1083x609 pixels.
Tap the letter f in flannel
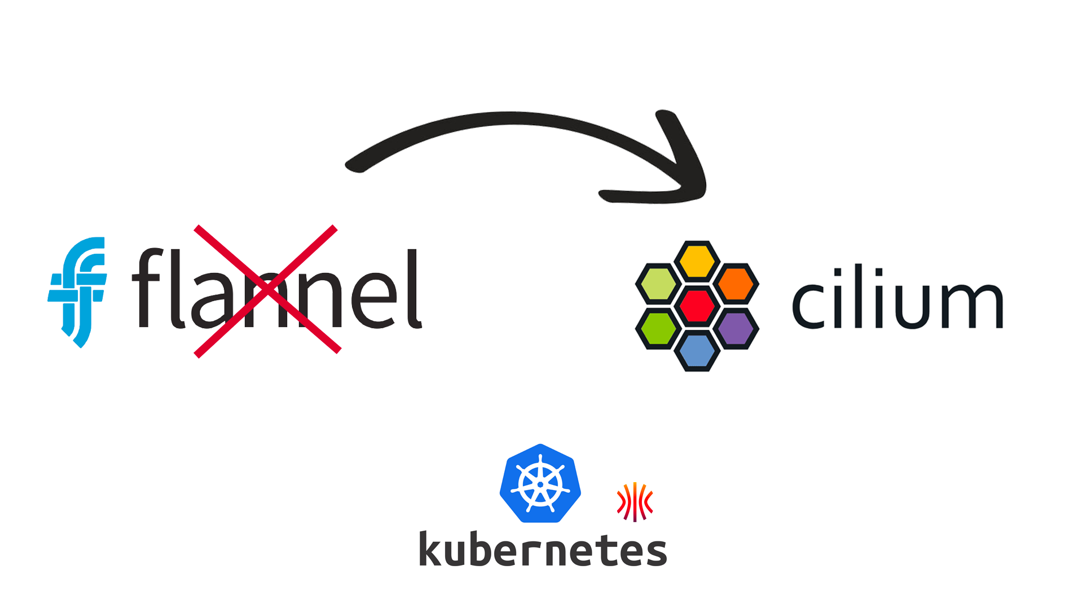click(x=147, y=288)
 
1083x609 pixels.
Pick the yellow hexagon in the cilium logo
click(x=697, y=261)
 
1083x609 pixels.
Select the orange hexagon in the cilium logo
click(x=736, y=284)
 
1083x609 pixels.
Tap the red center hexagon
click(x=697, y=306)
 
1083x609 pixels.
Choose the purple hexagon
click(x=736, y=328)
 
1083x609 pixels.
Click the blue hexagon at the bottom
click(x=697, y=351)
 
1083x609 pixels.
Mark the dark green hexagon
click(x=658, y=328)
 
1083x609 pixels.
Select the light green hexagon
click(x=658, y=284)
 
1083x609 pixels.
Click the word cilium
click(x=897, y=299)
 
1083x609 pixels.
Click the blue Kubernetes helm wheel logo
click(x=540, y=483)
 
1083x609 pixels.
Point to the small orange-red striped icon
click(x=635, y=501)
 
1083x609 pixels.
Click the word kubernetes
click(x=543, y=549)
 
